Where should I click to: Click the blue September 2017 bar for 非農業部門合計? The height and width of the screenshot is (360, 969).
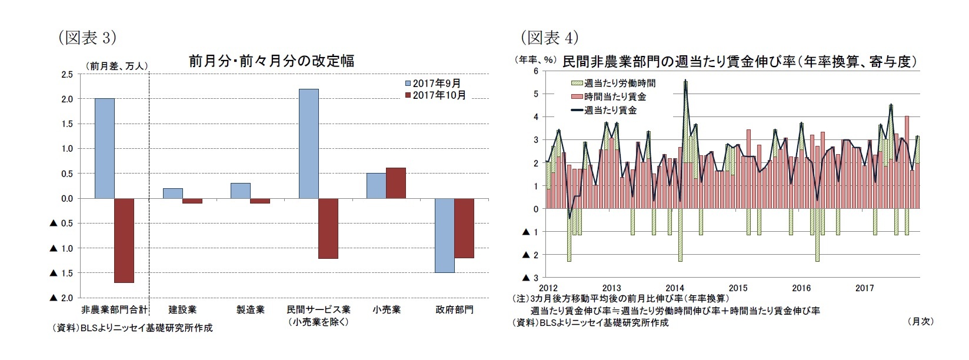tap(105, 148)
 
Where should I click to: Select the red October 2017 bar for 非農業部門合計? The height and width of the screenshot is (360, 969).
tap(124, 240)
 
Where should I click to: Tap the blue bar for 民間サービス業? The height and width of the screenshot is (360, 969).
tap(309, 144)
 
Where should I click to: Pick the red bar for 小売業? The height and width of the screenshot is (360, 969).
tap(396, 183)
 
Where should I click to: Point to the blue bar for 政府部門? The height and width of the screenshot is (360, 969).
tap(445, 235)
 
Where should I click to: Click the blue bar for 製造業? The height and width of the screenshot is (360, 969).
tap(241, 191)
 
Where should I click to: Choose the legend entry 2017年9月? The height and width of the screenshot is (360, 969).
tap(436, 84)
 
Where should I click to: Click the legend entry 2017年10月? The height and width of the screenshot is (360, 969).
tap(438, 95)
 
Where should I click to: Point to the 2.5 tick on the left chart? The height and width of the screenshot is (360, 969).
tap(67, 74)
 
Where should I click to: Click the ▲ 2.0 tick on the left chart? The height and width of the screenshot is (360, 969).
tap(62, 298)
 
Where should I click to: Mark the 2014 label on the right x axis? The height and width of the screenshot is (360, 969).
tap(675, 288)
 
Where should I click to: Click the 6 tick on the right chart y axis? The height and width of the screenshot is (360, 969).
tap(535, 71)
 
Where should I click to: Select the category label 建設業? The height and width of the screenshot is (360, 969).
tap(182, 309)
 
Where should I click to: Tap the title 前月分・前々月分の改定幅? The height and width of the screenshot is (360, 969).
tap(271, 61)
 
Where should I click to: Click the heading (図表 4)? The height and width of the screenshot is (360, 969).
tap(550, 38)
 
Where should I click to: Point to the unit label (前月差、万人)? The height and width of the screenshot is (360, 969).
tap(117, 66)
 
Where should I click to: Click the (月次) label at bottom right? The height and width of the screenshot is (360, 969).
tap(921, 321)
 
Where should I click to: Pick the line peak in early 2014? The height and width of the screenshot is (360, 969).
tap(685, 82)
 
